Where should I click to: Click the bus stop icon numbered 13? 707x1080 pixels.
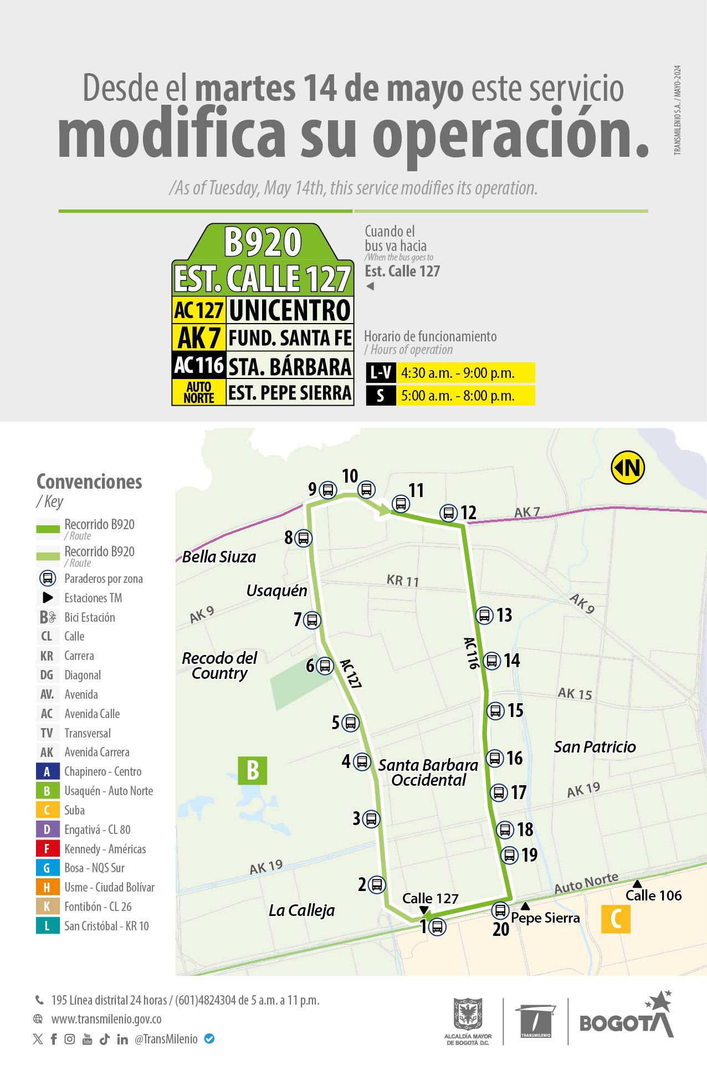coord(484,615)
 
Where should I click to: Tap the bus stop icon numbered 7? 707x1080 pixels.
coord(312,620)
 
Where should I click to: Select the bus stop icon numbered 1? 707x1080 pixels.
coord(437,927)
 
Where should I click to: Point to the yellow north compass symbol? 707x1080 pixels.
coord(628,468)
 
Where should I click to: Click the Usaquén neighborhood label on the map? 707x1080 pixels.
coord(276,591)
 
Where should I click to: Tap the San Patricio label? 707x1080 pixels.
coord(595,747)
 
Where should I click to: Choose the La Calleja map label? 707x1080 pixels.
coord(301,910)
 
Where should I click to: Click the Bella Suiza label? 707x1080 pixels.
coord(219,557)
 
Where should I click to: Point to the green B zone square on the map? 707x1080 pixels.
coord(253,770)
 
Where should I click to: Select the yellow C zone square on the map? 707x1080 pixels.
coord(616,919)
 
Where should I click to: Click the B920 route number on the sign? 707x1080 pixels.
coord(263,242)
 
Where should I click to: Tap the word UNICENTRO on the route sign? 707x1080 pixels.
coord(290,310)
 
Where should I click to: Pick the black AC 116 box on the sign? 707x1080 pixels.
coord(199,365)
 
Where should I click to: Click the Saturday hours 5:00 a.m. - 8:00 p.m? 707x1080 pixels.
coord(458,396)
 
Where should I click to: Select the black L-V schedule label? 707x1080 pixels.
coord(381,373)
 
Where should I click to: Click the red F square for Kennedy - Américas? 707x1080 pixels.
coord(47,849)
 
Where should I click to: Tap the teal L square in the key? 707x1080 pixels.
coord(47,926)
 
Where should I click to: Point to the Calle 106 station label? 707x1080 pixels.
coord(653,895)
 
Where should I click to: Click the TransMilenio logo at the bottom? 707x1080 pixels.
coord(536,1021)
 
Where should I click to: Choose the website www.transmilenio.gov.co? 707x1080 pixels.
coord(106,1019)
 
